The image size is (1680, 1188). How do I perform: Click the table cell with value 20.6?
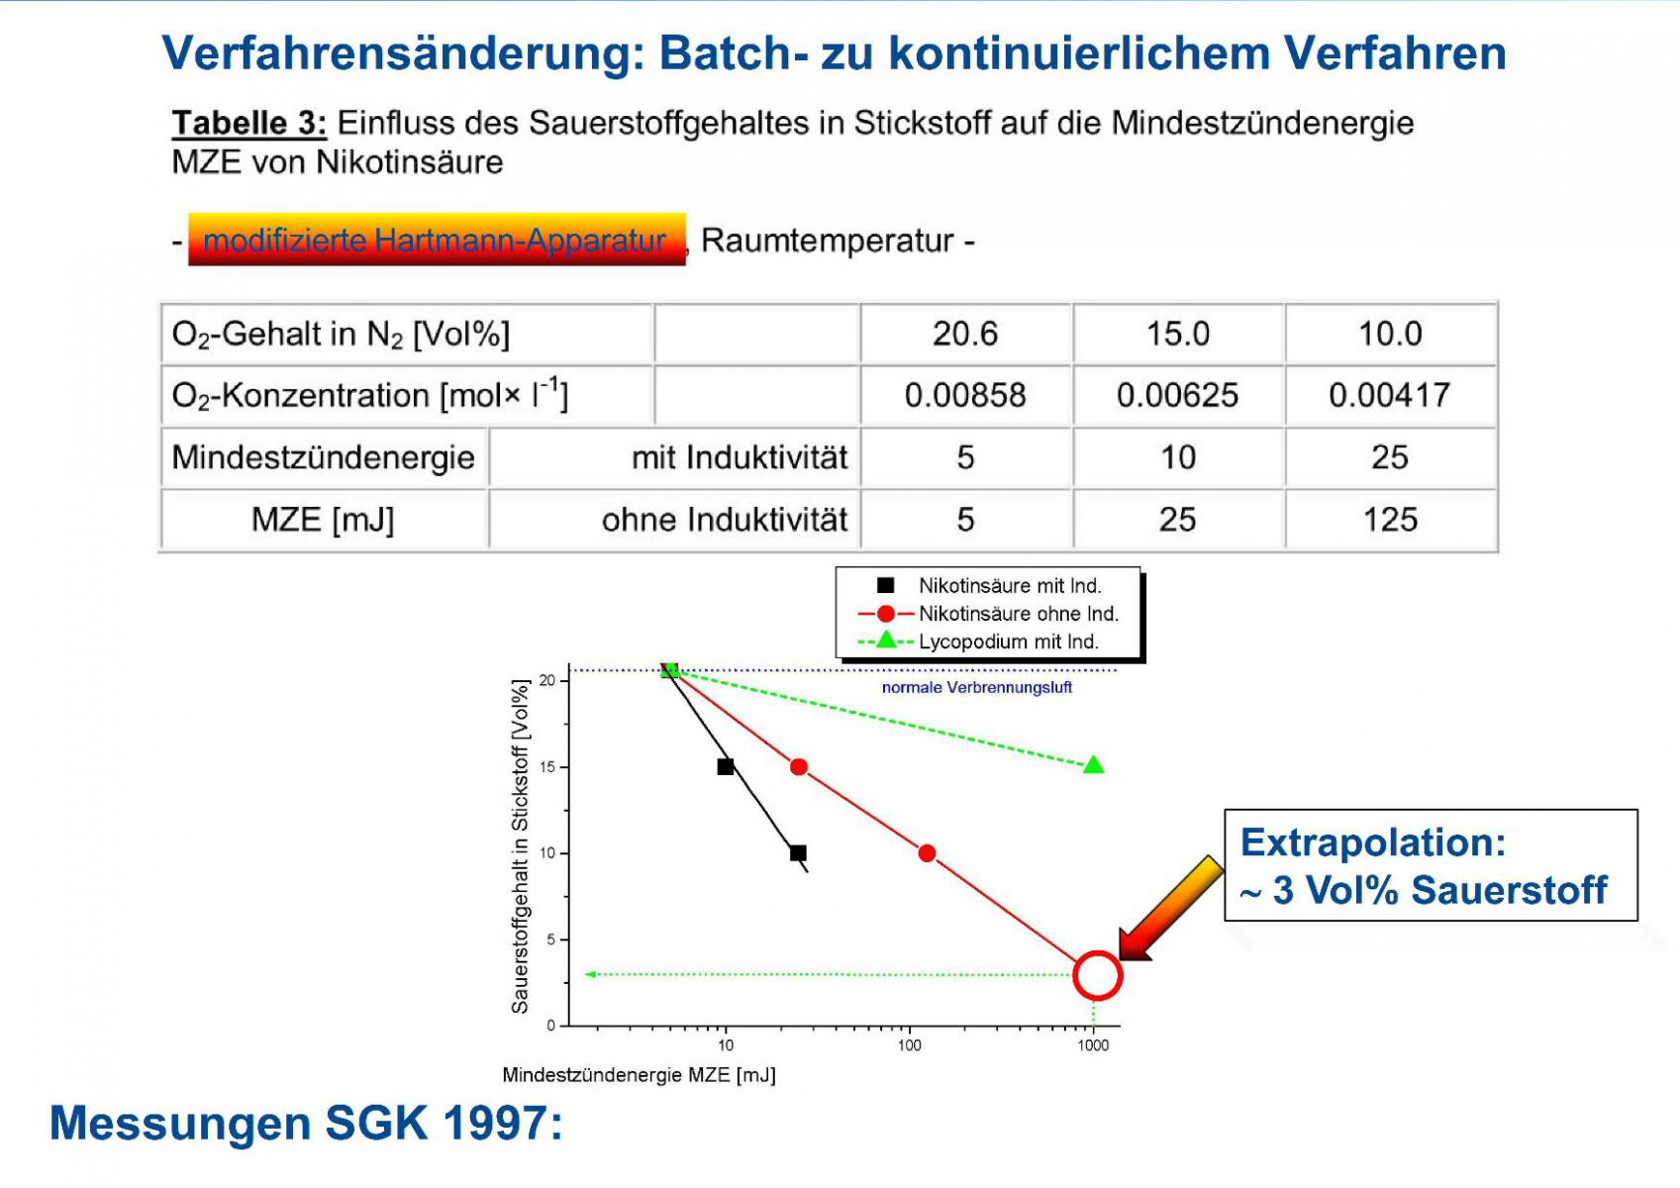pos(966,334)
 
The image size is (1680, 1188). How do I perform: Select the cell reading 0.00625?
pos(1178,395)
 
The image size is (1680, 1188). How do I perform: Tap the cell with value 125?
pos(1391,519)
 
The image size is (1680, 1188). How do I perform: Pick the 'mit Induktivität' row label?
pos(740,457)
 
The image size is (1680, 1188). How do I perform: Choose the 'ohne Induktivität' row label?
pos(725,520)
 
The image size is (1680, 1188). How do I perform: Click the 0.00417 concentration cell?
pos(1391,395)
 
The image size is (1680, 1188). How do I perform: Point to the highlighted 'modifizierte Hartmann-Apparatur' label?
pos(437,240)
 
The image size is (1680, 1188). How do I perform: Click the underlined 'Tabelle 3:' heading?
pos(249,123)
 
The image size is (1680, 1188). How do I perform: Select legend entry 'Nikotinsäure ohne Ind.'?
pos(989,614)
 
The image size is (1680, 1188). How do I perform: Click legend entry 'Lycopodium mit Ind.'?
pos(978,642)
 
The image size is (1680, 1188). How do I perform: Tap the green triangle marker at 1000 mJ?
pos(1094,764)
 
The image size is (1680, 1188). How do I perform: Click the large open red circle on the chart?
pos(1097,951)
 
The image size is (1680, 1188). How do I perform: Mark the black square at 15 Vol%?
pos(726,766)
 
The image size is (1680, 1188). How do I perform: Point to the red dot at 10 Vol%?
pos(927,853)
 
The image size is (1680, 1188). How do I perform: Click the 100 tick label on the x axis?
pos(909,1045)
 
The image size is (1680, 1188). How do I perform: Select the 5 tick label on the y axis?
pos(551,940)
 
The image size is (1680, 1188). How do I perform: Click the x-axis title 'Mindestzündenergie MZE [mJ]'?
pos(639,1075)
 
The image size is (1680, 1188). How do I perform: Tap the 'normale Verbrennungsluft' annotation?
pos(976,687)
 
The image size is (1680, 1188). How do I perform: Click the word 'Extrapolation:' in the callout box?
pos(1372,842)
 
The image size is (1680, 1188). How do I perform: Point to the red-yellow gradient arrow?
pos(1170,909)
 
